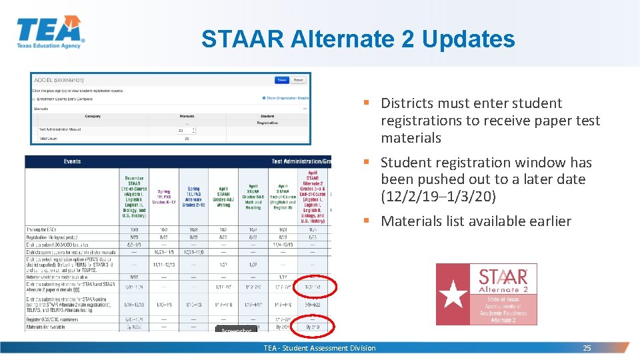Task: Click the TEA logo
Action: click(x=50, y=31)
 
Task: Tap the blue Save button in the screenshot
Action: click(x=282, y=80)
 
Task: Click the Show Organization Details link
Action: click(x=285, y=98)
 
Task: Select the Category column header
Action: click(x=93, y=116)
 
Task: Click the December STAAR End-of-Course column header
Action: click(x=133, y=197)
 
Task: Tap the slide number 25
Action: click(x=587, y=348)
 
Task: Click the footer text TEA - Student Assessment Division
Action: click(x=319, y=348)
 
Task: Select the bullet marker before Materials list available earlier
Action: click(x=367, y=221)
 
